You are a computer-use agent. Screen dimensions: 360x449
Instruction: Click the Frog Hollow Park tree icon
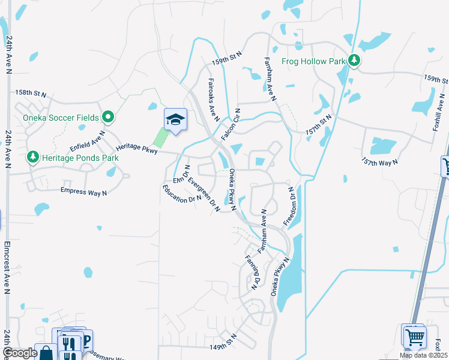(x=355, y=61)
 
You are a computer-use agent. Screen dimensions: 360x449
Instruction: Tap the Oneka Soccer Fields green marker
(x=108, y=117)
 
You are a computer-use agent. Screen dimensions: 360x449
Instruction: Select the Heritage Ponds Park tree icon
(x=32, y=157)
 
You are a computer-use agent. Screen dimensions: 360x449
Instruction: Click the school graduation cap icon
(x=175, y=119)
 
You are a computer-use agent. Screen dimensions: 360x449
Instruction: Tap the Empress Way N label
(x=83, y=191)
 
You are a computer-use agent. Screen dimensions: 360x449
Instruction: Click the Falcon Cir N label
(x=231, y=125)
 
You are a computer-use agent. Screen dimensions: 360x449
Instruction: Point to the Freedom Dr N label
(x=289, y=206)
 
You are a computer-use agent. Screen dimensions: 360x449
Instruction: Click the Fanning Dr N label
(x=251, y=272)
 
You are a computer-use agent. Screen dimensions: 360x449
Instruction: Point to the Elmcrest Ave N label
(x=7, y=267)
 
